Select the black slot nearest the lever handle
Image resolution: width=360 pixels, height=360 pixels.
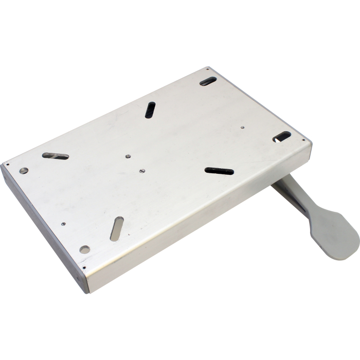tap(219, 171)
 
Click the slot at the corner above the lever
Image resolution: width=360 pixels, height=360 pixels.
tap(282, 136)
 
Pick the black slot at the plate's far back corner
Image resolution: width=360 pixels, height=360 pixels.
tap(208, 81)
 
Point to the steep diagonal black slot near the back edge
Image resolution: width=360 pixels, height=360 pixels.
tap(150, 110)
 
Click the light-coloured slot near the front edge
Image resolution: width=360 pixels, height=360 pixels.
tap(117, 229)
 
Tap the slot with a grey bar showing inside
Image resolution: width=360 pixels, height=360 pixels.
tap(56, 156)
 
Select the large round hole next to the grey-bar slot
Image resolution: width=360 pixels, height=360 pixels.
tap(24, 170)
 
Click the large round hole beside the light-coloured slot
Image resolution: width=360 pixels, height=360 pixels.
tap(85, 249)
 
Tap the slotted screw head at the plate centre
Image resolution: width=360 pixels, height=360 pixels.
tap(142, 171)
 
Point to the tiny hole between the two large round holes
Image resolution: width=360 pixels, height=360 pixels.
tap(63, 224)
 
